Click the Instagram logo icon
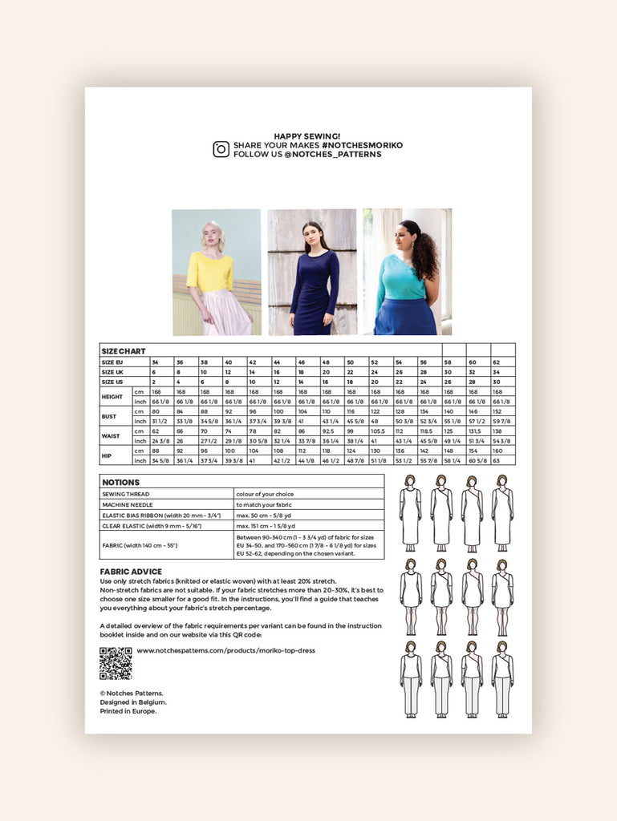(221, 149)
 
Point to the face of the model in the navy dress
(311, 237)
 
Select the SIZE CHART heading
(123, 351)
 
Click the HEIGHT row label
(112, 396)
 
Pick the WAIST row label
(112, 435)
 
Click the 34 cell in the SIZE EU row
(156, 362)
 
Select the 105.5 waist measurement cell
(376, 431)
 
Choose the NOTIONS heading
(121, 483)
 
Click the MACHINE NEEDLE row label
(132, 504)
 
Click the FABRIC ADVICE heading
(131, 572)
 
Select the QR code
(116, 663)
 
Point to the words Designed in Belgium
(133, 702)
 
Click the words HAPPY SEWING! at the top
(307, 136)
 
